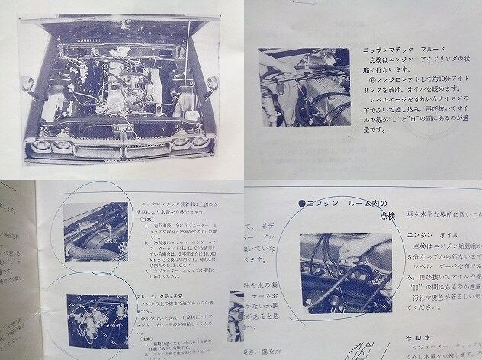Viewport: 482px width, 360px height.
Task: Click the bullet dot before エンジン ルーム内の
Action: pos(302,204)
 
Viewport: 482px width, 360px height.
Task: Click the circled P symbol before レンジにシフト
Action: pos(371,76)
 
